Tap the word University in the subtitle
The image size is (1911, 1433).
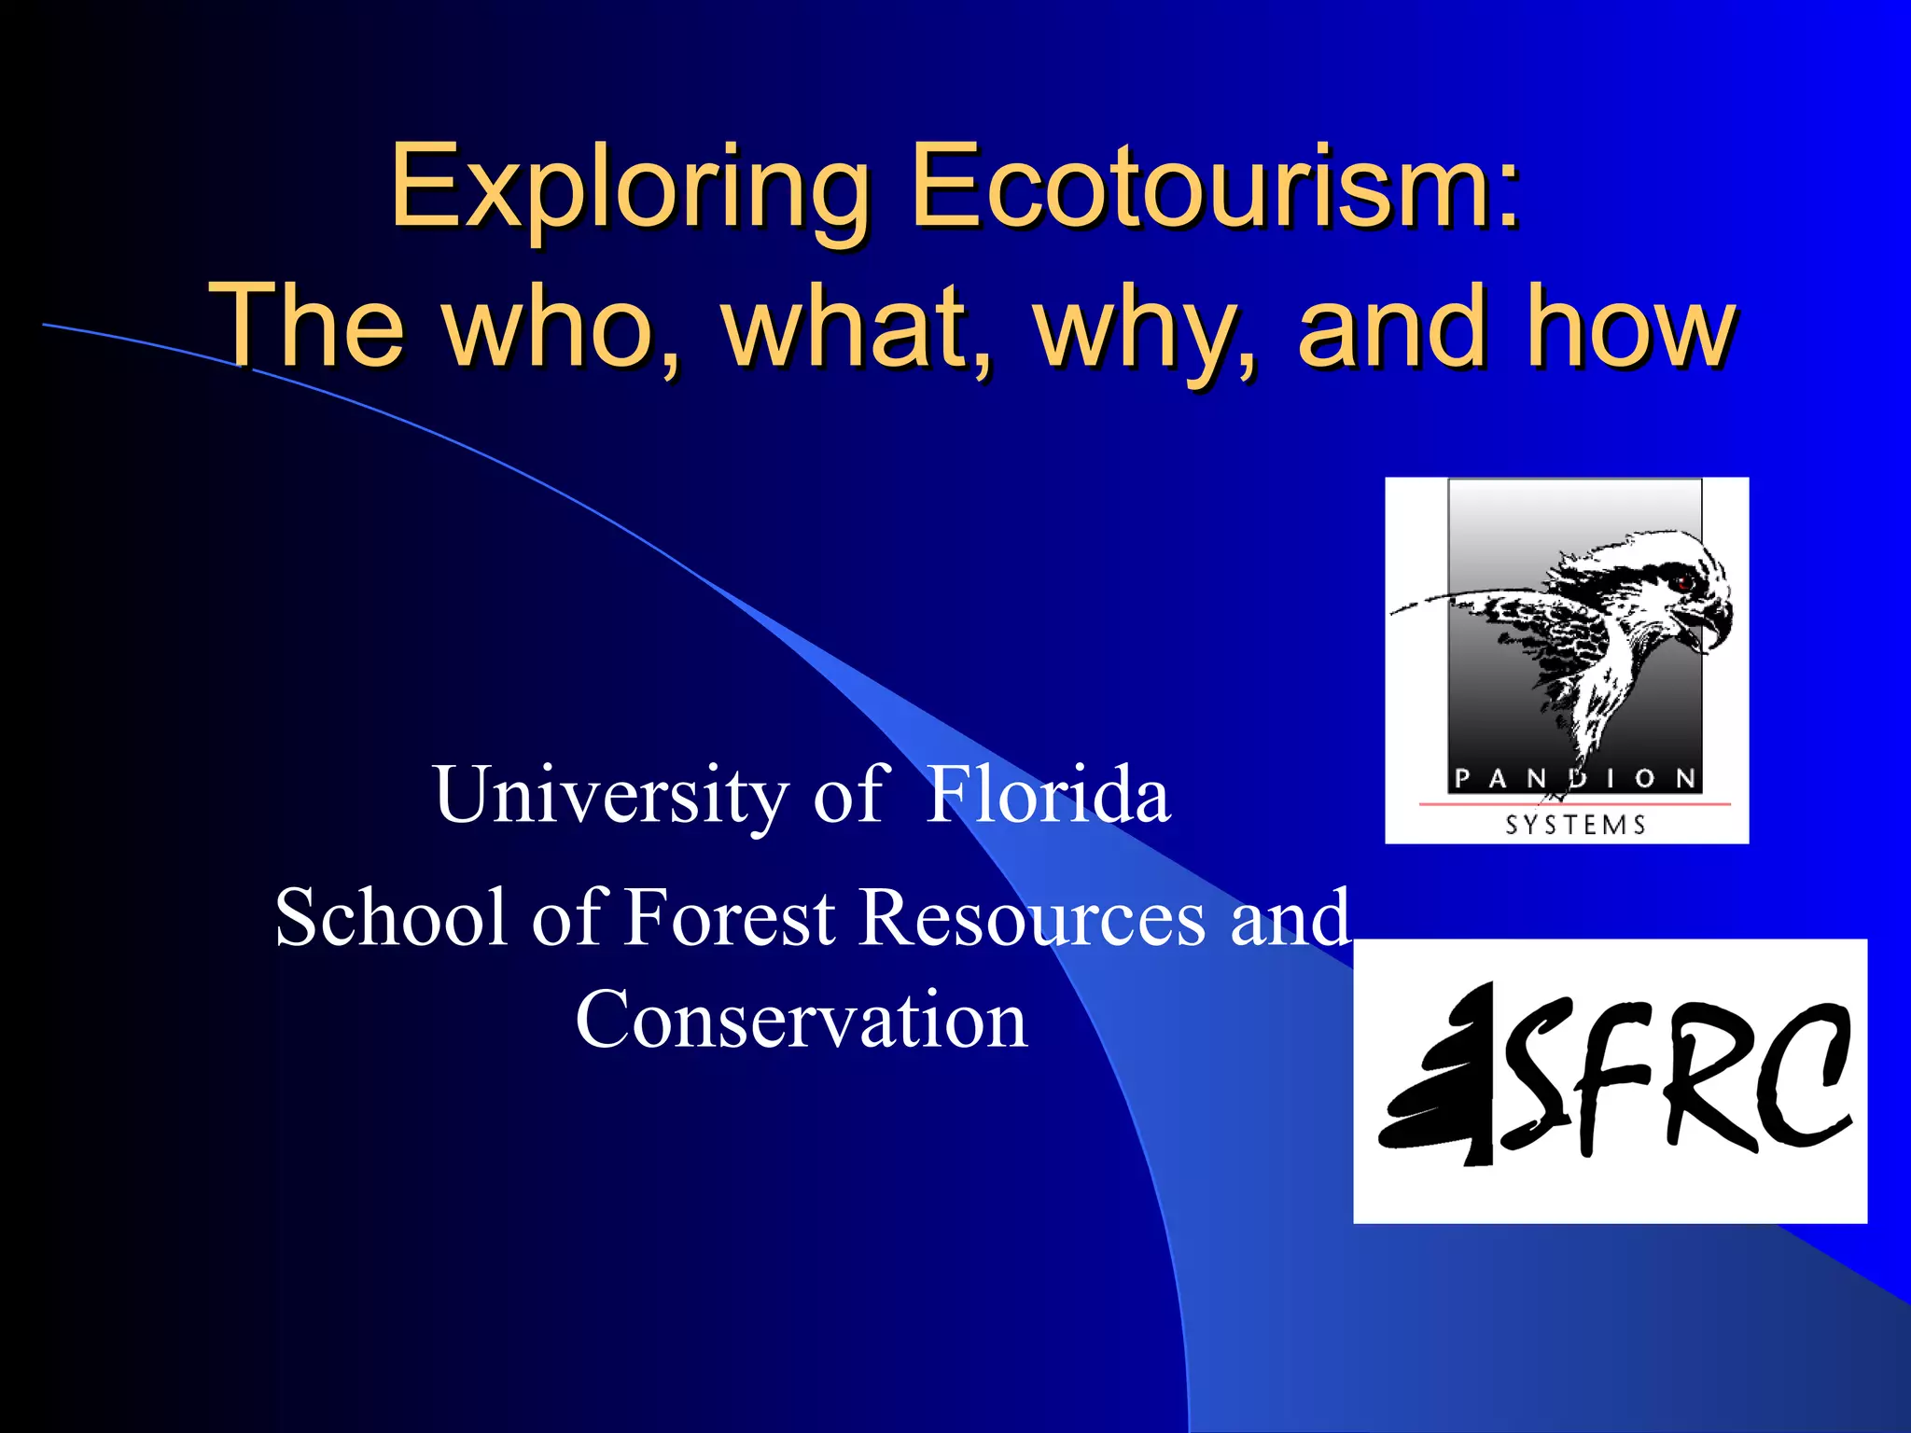pos(610,796)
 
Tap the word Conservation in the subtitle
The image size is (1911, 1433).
pos(802,1020)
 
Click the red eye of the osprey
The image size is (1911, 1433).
pos(1685,583)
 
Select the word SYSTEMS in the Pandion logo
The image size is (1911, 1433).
pos(1575,825)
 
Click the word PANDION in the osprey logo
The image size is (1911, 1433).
pos(1575,778)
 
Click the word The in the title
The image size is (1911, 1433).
pos(307,327)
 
